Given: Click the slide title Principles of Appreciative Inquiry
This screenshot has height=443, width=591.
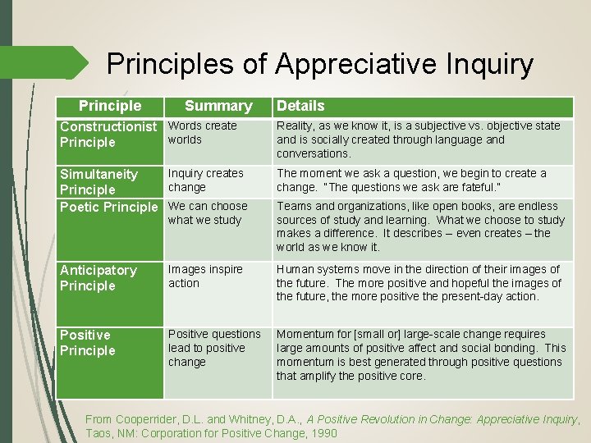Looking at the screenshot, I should (320, 63).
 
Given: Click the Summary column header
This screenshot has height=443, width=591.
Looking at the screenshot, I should (218, 106).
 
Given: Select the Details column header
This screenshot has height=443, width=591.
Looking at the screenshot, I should (300, 106).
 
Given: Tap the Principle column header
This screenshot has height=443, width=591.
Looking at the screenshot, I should (110, 106).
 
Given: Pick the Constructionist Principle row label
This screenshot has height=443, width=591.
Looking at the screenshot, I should (108, 134).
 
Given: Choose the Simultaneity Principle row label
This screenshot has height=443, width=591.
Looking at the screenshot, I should (98, 182).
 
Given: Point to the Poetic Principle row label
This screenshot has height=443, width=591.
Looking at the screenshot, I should (108, 207).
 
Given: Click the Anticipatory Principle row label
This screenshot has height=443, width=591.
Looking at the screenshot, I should (98, 277).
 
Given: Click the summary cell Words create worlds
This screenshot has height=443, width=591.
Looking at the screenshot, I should (202, 133).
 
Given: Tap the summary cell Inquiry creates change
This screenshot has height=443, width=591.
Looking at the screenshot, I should (205, 180).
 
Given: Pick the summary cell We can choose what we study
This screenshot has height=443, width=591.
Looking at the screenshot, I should (207, 213).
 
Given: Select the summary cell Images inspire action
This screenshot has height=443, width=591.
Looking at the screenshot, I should (205, 276).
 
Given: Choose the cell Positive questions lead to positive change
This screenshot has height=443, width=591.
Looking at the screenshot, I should (213, 348).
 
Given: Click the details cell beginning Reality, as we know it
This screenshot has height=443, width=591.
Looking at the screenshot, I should (419, 139).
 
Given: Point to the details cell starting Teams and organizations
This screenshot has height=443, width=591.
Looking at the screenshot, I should (420, 226).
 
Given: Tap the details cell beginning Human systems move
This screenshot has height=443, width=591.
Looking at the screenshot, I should (419, 283).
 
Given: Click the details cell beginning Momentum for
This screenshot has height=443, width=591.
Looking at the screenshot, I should (420, 355).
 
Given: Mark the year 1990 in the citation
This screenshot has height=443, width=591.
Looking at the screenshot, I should (321, 433).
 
